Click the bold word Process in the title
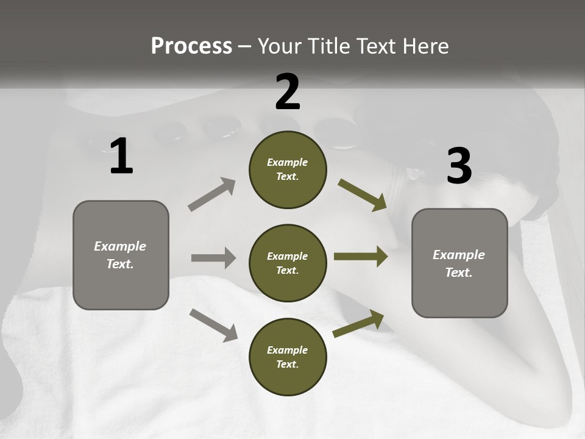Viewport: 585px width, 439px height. pyautogui.click(x=191, y=46)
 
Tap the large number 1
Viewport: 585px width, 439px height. pyautogui.click(x=121, y=156)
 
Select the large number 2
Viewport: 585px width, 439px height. pyautogui.click(x=288, y=91)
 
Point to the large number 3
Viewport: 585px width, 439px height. pyautogui.click(x=459, y=166)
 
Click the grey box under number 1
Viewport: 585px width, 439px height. pyautogui.click(x=121, y=255)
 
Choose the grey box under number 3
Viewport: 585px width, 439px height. pyautogui.click(x=459, y=263)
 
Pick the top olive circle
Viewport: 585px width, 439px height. pyautogui.click(x=288, y=170)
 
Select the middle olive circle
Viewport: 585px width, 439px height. pyautogui.click(x=288, y=263)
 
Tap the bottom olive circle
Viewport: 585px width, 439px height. pyautogui.click(x=288, y=357)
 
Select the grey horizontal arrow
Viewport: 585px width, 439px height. pyautogui.click(x=213, y=258)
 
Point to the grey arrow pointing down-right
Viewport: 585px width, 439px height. pyautogui.click(x=213, y=325)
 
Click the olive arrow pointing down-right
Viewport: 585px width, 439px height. pyautogui.click(x=363, y=195)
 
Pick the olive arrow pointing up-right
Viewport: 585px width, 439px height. pyautogui.click(x=359, y=324)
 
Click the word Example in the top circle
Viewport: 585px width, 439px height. pyautogui.click(x=288, y=162)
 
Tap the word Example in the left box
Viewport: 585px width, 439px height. pyautogui.click(x=120, y=246)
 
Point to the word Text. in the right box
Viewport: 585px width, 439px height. pyautogui.click(x=459, y=273)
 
